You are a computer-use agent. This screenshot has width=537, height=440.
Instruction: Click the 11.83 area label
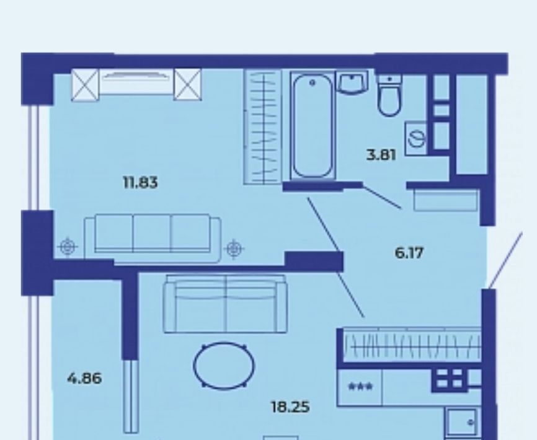pos(140,183)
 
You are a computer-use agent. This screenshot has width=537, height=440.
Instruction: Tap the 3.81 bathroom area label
pos(381,155)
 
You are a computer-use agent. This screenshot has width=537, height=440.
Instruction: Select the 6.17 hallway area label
pos(409,253)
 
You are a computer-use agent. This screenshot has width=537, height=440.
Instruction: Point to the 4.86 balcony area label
pos(84,379)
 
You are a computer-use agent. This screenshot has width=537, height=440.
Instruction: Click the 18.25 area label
pos(290,407)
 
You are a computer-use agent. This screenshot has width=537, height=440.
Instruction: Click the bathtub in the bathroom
pos(313,126)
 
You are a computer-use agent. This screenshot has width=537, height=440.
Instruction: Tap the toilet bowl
pos(389,96)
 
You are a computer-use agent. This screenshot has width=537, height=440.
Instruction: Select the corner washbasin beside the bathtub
pos(352,82)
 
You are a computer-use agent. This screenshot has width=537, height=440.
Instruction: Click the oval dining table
pos(224,366)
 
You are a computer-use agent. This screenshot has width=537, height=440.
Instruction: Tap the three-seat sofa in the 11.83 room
pos(153,239)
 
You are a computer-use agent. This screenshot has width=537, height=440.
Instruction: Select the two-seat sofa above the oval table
pos(225,304)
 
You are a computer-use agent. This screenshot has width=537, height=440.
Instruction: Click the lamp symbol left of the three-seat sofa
pos(68,247)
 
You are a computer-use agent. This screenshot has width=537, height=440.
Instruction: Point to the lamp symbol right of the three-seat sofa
pos(234,249)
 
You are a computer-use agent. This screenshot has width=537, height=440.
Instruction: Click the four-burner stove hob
pos(450,379)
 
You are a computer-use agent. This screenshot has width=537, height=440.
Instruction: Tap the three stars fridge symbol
pos(360,387)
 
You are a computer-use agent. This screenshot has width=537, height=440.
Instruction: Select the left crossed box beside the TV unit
pos(85,84)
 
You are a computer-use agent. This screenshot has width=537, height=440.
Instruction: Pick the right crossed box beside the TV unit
pos(187,84)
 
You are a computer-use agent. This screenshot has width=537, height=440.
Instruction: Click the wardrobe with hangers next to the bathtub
pos(263,127)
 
